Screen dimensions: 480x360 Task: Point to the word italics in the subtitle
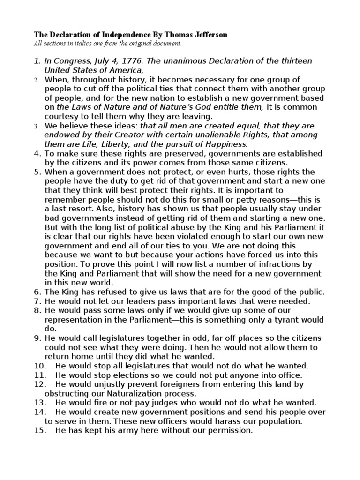pos(77,43)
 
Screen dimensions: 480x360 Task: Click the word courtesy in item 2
pos(61,116)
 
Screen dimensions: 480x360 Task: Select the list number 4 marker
pos(37,153)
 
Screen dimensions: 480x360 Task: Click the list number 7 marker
pos(37,300)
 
